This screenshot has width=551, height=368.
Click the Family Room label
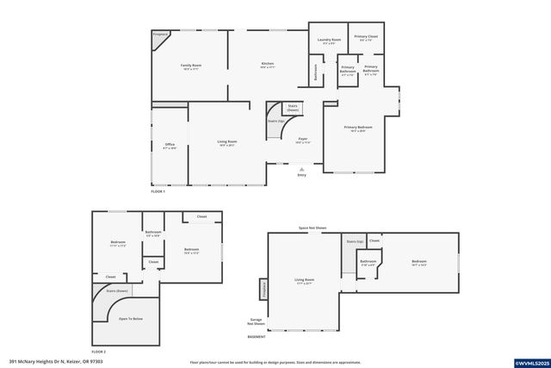[191, 65]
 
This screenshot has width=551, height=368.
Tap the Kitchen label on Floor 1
[268, 65]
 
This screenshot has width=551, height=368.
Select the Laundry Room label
[329, 40]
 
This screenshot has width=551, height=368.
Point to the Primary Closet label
[366, 37]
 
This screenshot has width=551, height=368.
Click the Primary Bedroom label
[358, 128]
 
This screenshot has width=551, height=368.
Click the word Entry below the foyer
[301, 175]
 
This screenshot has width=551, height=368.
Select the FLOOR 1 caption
[158, 191]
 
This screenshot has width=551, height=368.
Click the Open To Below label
[131, 319]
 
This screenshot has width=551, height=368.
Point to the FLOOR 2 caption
[99, 352]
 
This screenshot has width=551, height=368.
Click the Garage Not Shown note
[256, 322]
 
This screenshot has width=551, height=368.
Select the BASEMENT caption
[257, 336]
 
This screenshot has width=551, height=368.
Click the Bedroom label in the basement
[419, 262]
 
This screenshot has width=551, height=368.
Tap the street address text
[46, 361]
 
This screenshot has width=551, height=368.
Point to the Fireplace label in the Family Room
[160, 34]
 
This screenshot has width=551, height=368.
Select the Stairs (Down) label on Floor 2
[118, 291]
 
